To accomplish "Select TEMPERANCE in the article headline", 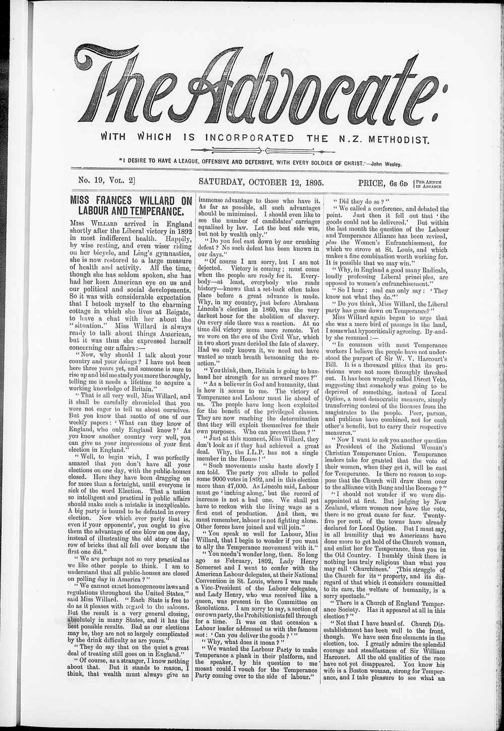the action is click(152, 210).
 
